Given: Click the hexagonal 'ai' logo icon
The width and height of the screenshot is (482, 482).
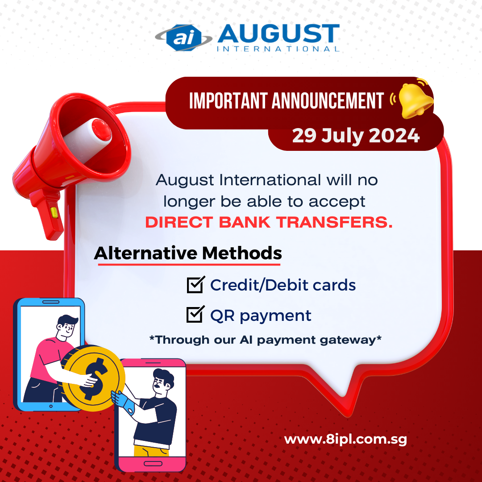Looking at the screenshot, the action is (184, 37).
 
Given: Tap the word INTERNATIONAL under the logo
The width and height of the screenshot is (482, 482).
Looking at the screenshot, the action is (278, 49).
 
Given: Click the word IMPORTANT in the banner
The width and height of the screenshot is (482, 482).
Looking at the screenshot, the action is (228, 100).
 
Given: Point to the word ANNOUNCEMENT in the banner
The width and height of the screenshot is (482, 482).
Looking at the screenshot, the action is (328, 100).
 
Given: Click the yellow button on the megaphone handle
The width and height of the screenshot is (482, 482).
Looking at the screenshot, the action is (54, 212).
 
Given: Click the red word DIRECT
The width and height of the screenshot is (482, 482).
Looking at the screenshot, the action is (179, 222).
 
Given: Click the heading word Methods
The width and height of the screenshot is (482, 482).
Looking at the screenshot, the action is (242, 253).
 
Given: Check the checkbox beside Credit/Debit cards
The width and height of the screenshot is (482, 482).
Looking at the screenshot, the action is (195, 285).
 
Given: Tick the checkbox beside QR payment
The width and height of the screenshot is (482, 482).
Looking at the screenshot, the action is (195, 314).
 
